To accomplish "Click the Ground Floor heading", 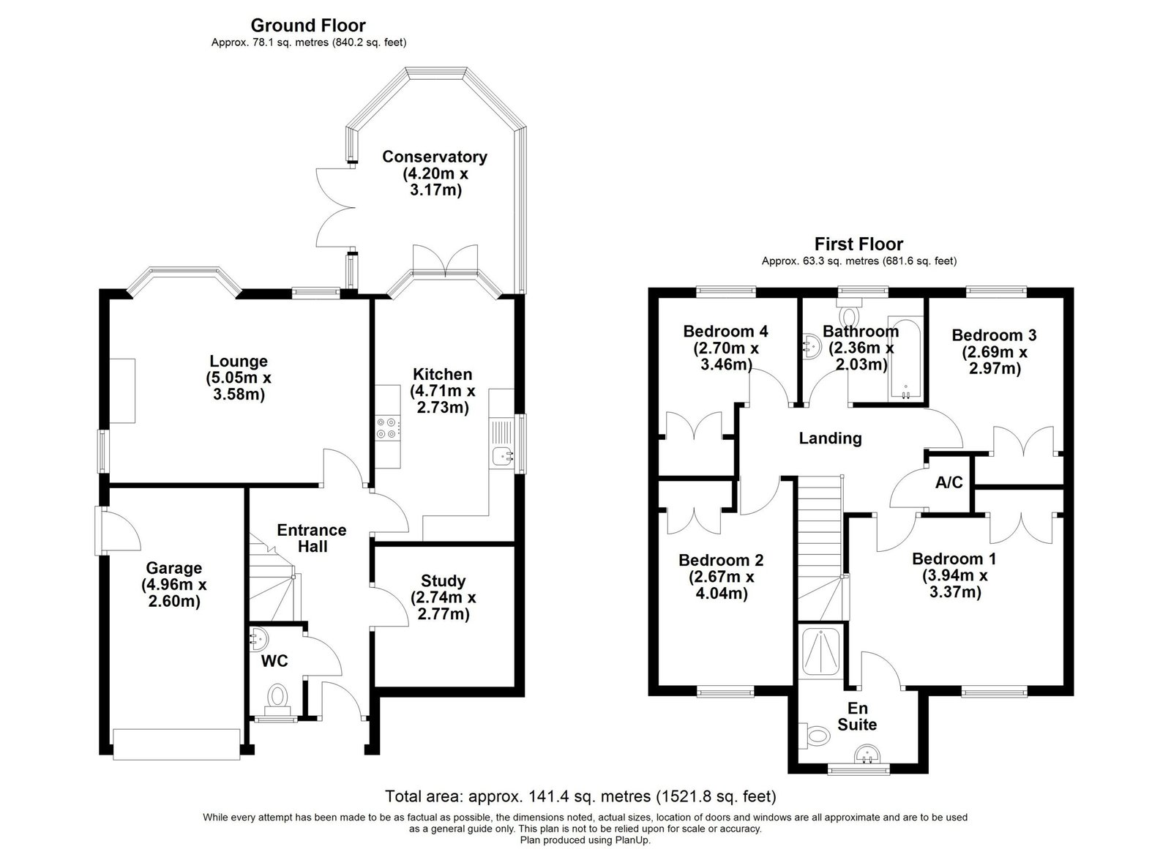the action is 308,25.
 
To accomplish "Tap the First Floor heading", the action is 858,244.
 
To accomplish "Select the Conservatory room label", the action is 435,157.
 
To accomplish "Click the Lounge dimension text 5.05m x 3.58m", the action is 239,386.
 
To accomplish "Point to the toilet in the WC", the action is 277,700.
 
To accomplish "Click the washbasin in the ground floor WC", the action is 259,638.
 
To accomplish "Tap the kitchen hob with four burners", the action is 388,427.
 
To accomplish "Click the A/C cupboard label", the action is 949,482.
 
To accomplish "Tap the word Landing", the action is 830,438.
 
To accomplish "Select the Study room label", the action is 443,580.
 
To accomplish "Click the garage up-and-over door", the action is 176,744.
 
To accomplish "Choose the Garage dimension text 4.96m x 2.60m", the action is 174,594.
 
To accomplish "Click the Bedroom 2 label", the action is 721,561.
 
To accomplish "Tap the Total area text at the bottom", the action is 580,796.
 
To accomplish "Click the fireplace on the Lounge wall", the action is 122,390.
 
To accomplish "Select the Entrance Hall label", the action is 312,538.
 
